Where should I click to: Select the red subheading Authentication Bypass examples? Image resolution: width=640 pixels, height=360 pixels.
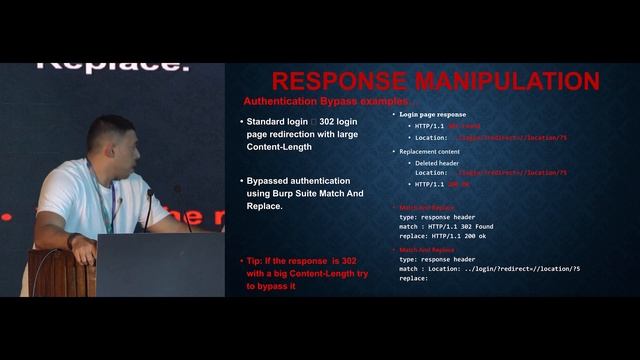pyautogui.click(x=324, y=102)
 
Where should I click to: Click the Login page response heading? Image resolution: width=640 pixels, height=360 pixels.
pyautogui.click(x=432, y=114)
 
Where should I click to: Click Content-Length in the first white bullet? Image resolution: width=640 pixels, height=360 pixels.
pyautogui.click(x=279, y=147)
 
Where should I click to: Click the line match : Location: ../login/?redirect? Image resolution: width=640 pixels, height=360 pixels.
pyautogui.click(x=489, y=269)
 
